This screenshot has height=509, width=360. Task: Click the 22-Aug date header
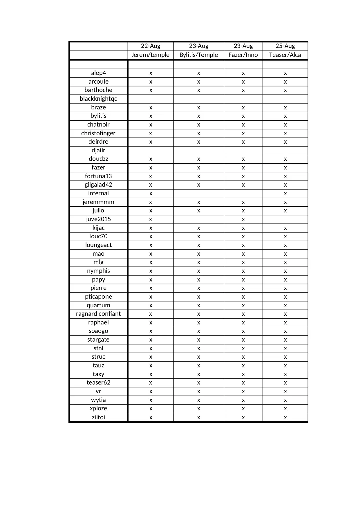pos(151,46)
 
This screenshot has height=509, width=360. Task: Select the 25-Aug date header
pos(285,46)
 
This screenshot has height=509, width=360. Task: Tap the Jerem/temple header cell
pos(151,55)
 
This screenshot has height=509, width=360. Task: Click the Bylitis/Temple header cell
pos(199,55)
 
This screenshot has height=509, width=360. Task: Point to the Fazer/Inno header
pos(243,55)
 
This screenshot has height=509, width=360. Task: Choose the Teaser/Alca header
pos(285,55)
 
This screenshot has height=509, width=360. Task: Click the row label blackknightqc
pos(98,99)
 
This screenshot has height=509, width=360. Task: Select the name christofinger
pos(98,133)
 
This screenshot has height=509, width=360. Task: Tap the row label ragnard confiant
pos(98,314)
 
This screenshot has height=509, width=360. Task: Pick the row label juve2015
pos(98,219)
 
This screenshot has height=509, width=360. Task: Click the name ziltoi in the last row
pos(98,417)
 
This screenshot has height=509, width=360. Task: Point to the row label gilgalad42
pos(98,185)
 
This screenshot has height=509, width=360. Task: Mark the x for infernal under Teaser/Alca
pos(285,194)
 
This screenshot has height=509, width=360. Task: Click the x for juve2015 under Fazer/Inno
pos(243,219)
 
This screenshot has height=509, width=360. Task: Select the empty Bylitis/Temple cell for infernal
pos(199,194)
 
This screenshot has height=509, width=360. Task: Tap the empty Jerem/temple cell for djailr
pos(151,150)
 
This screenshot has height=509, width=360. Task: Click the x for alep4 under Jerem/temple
pos(151,73)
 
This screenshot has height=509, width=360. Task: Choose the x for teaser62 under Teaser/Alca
pos(285,383)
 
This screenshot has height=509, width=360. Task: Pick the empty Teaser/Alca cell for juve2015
pos(285,219)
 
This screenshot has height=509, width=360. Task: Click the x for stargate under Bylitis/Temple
pos(199,340)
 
